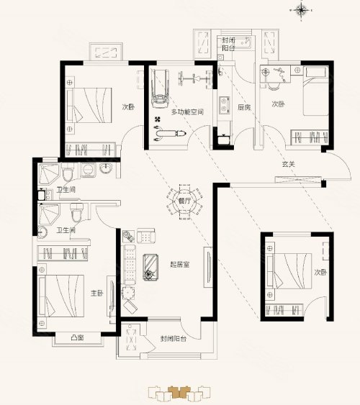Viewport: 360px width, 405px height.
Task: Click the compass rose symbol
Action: [x=301, y=10]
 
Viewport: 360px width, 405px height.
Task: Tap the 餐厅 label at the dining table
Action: [x=184, y=201]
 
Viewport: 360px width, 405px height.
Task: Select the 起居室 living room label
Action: [x=179, y=264]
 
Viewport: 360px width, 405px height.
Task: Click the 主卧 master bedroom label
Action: [x=97, y=293]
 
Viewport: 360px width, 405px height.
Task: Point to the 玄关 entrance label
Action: [x=289, y=164]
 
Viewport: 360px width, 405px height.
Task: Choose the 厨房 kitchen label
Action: [x=244, y=107]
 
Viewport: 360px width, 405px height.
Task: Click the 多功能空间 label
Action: [x=188, y=112]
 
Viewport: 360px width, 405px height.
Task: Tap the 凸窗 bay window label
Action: [x=78, y=337]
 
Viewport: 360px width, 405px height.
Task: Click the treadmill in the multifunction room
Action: [x=161, y=88]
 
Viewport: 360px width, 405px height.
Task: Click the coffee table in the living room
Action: [x=150, y=267]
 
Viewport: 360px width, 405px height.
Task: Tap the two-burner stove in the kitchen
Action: [x=225, y=105]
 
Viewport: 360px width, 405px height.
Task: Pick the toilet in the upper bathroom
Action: [x=68, y=171]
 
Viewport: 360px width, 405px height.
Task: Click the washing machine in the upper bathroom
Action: [x=88, y=170]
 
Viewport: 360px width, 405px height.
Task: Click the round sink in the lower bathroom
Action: [x=42, y=232]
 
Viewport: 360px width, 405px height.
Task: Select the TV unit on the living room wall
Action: [x=208, y=267]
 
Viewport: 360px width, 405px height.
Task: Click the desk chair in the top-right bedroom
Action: [x=274, y=86]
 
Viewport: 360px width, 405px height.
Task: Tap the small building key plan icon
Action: [x=179, y=393]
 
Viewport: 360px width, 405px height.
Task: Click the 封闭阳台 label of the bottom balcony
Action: [x=173, y=339]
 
